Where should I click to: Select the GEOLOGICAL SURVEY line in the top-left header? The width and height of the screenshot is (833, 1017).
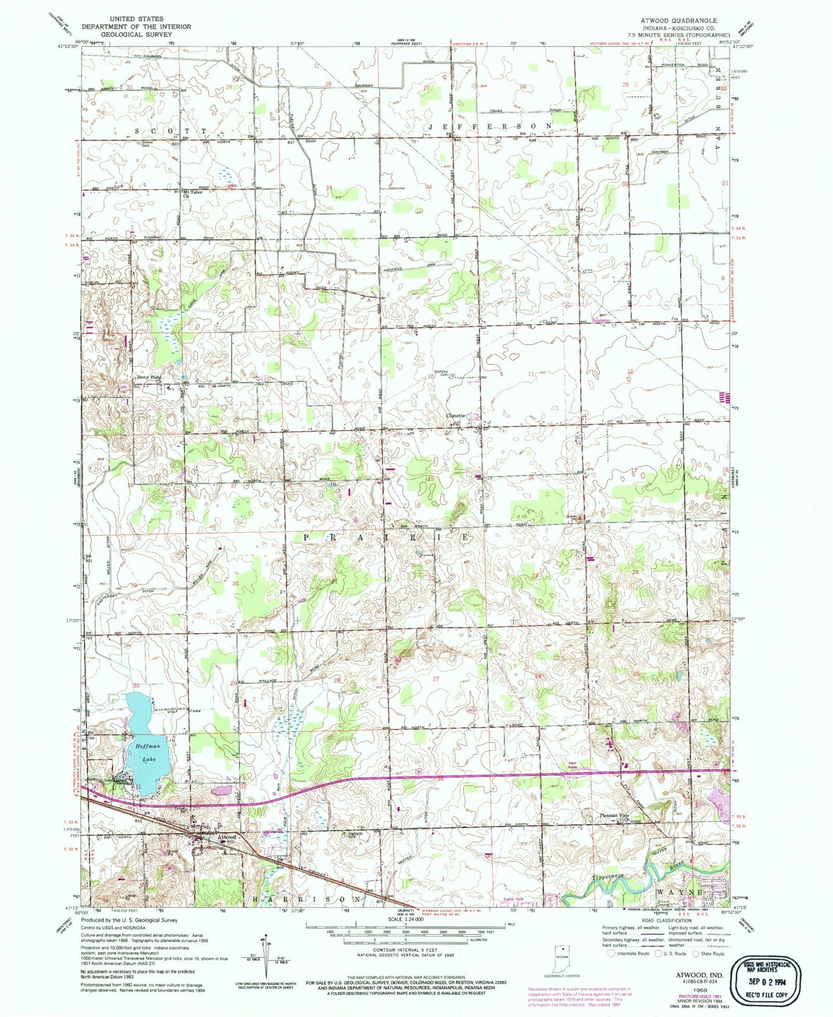point(135,34)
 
